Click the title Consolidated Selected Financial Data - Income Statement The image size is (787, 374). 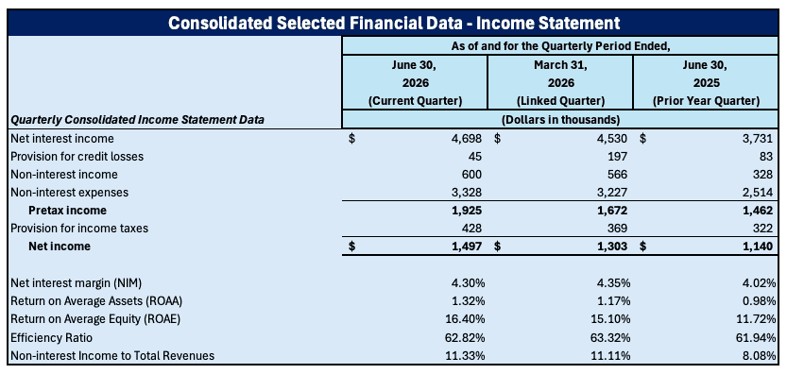point(394,23)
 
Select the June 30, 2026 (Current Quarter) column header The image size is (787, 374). point(415,83)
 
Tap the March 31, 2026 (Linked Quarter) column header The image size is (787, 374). point(560,83)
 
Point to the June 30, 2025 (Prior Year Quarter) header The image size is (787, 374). point(706,83)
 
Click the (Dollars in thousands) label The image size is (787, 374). point(560,120)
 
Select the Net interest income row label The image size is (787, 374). point(62,138)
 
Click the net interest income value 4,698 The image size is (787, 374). point(467,138)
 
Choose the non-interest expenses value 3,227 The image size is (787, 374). point(612,193)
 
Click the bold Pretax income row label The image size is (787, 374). point(67,211)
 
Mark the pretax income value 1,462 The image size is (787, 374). point(758,211)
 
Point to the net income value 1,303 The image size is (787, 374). point(612,246)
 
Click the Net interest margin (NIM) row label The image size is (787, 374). point(77,283)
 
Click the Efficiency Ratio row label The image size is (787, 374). point(51,337)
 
